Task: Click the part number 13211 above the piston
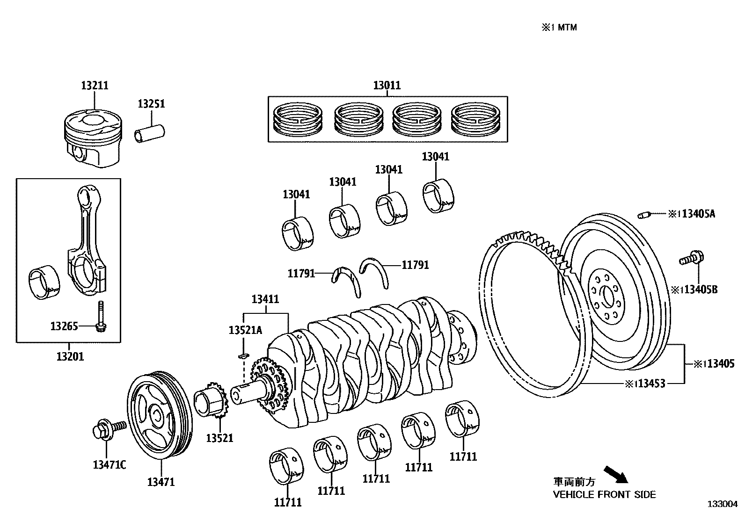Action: pyautogui.click(x=95, y=86)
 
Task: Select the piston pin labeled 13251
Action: pyautogui.click(x=150, y=131)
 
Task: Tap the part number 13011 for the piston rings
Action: pyautogui.click(x=387, y=86)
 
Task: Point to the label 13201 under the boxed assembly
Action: pyautogui.click(x=70, y=357)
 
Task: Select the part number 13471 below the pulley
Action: pyautogui.click(x=161, y=482)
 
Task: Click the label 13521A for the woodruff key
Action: pyautogui.click(x=245, y=331)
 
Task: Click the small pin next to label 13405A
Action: pyautogui.click(x=644, y=215)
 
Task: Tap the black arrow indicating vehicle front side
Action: pyautogui.click(x=615, y=474)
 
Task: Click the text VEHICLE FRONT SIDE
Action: pyautogui.click(x=604, y=494)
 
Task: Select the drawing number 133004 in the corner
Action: pyautogui.click(x=723, y=504)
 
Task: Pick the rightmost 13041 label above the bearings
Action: pyautogui.click(x=435, y=157)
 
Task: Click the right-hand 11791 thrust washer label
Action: pyautogui.click(x=415, y=265)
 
